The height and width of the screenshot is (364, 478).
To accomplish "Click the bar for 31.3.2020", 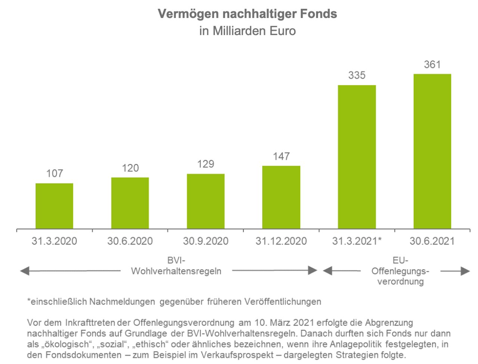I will pyautogui.click(x=54, y=206).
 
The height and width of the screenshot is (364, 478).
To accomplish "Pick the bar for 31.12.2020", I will pyautogui.click(x=281, y=197).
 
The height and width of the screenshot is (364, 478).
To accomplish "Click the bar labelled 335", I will pyautogui.click(x=357, y=157).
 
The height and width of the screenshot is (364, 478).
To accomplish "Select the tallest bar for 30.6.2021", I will pyautogui.click(x=432, y=151).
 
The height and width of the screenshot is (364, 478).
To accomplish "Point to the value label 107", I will pyautogui.click(x=55, y=174).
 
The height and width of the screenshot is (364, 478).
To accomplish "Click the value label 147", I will pyautogui.click(x=281, y=156).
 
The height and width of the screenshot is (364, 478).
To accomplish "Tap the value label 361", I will pyautogui.click(x=432, y=65).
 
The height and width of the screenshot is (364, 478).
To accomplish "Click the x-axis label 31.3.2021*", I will pyautogui.click(x=357, y=241).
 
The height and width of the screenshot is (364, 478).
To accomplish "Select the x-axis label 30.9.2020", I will pyautogui.click(x=206, y=241).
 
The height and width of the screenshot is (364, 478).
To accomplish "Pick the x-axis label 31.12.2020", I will pyautogui.click(x=281, y=241).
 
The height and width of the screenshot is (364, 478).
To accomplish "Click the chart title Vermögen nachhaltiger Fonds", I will pyautogui.click(x=247, y=14).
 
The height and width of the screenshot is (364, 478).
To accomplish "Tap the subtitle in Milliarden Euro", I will pyautogui.click(x=247, y=31).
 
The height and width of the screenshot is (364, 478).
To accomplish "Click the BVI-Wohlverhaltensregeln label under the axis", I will pyautogui.click(x=176, y=266).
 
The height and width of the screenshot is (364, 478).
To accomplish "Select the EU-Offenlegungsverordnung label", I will pyautogui.click(x=400, y=271).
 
